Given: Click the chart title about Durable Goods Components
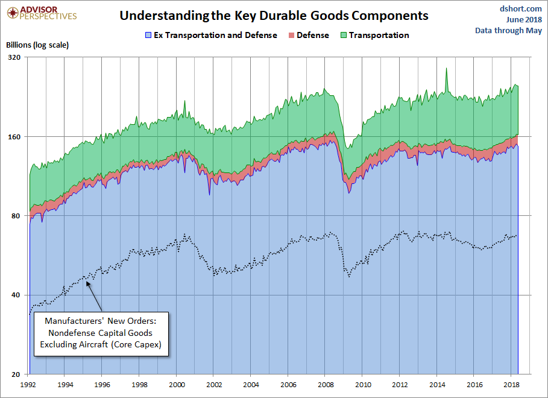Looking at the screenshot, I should pos(274,16).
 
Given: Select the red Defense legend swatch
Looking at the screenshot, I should pos(291,36).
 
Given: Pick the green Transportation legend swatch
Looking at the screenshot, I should pos(342,36).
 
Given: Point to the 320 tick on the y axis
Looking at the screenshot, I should pos(14,57).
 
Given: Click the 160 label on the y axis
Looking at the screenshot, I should pos(14,137).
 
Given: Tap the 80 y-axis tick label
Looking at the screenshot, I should pos(16,216).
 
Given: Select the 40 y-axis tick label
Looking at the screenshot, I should pos(16,295).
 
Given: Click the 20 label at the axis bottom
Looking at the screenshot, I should pos(16,374).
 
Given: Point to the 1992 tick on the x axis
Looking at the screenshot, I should pos(28,384).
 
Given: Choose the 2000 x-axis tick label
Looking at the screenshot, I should pos(177,384).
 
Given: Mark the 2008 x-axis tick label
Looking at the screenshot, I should pos(326,384).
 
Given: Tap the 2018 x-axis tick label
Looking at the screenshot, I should pos(511,384).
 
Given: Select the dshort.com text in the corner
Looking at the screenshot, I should pos(521,8).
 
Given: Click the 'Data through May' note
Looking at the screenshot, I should pos(508,30).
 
